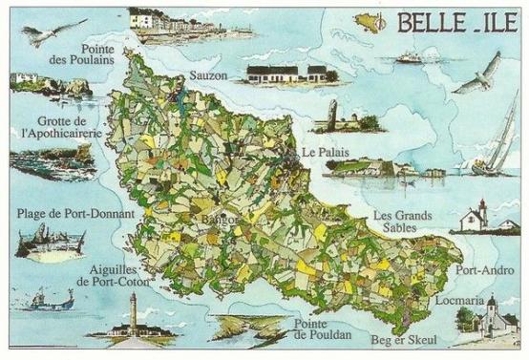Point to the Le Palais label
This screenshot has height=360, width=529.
click(323, 152)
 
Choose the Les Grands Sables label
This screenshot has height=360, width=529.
click(402, 222)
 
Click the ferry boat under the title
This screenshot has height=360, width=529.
click(410, 57)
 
